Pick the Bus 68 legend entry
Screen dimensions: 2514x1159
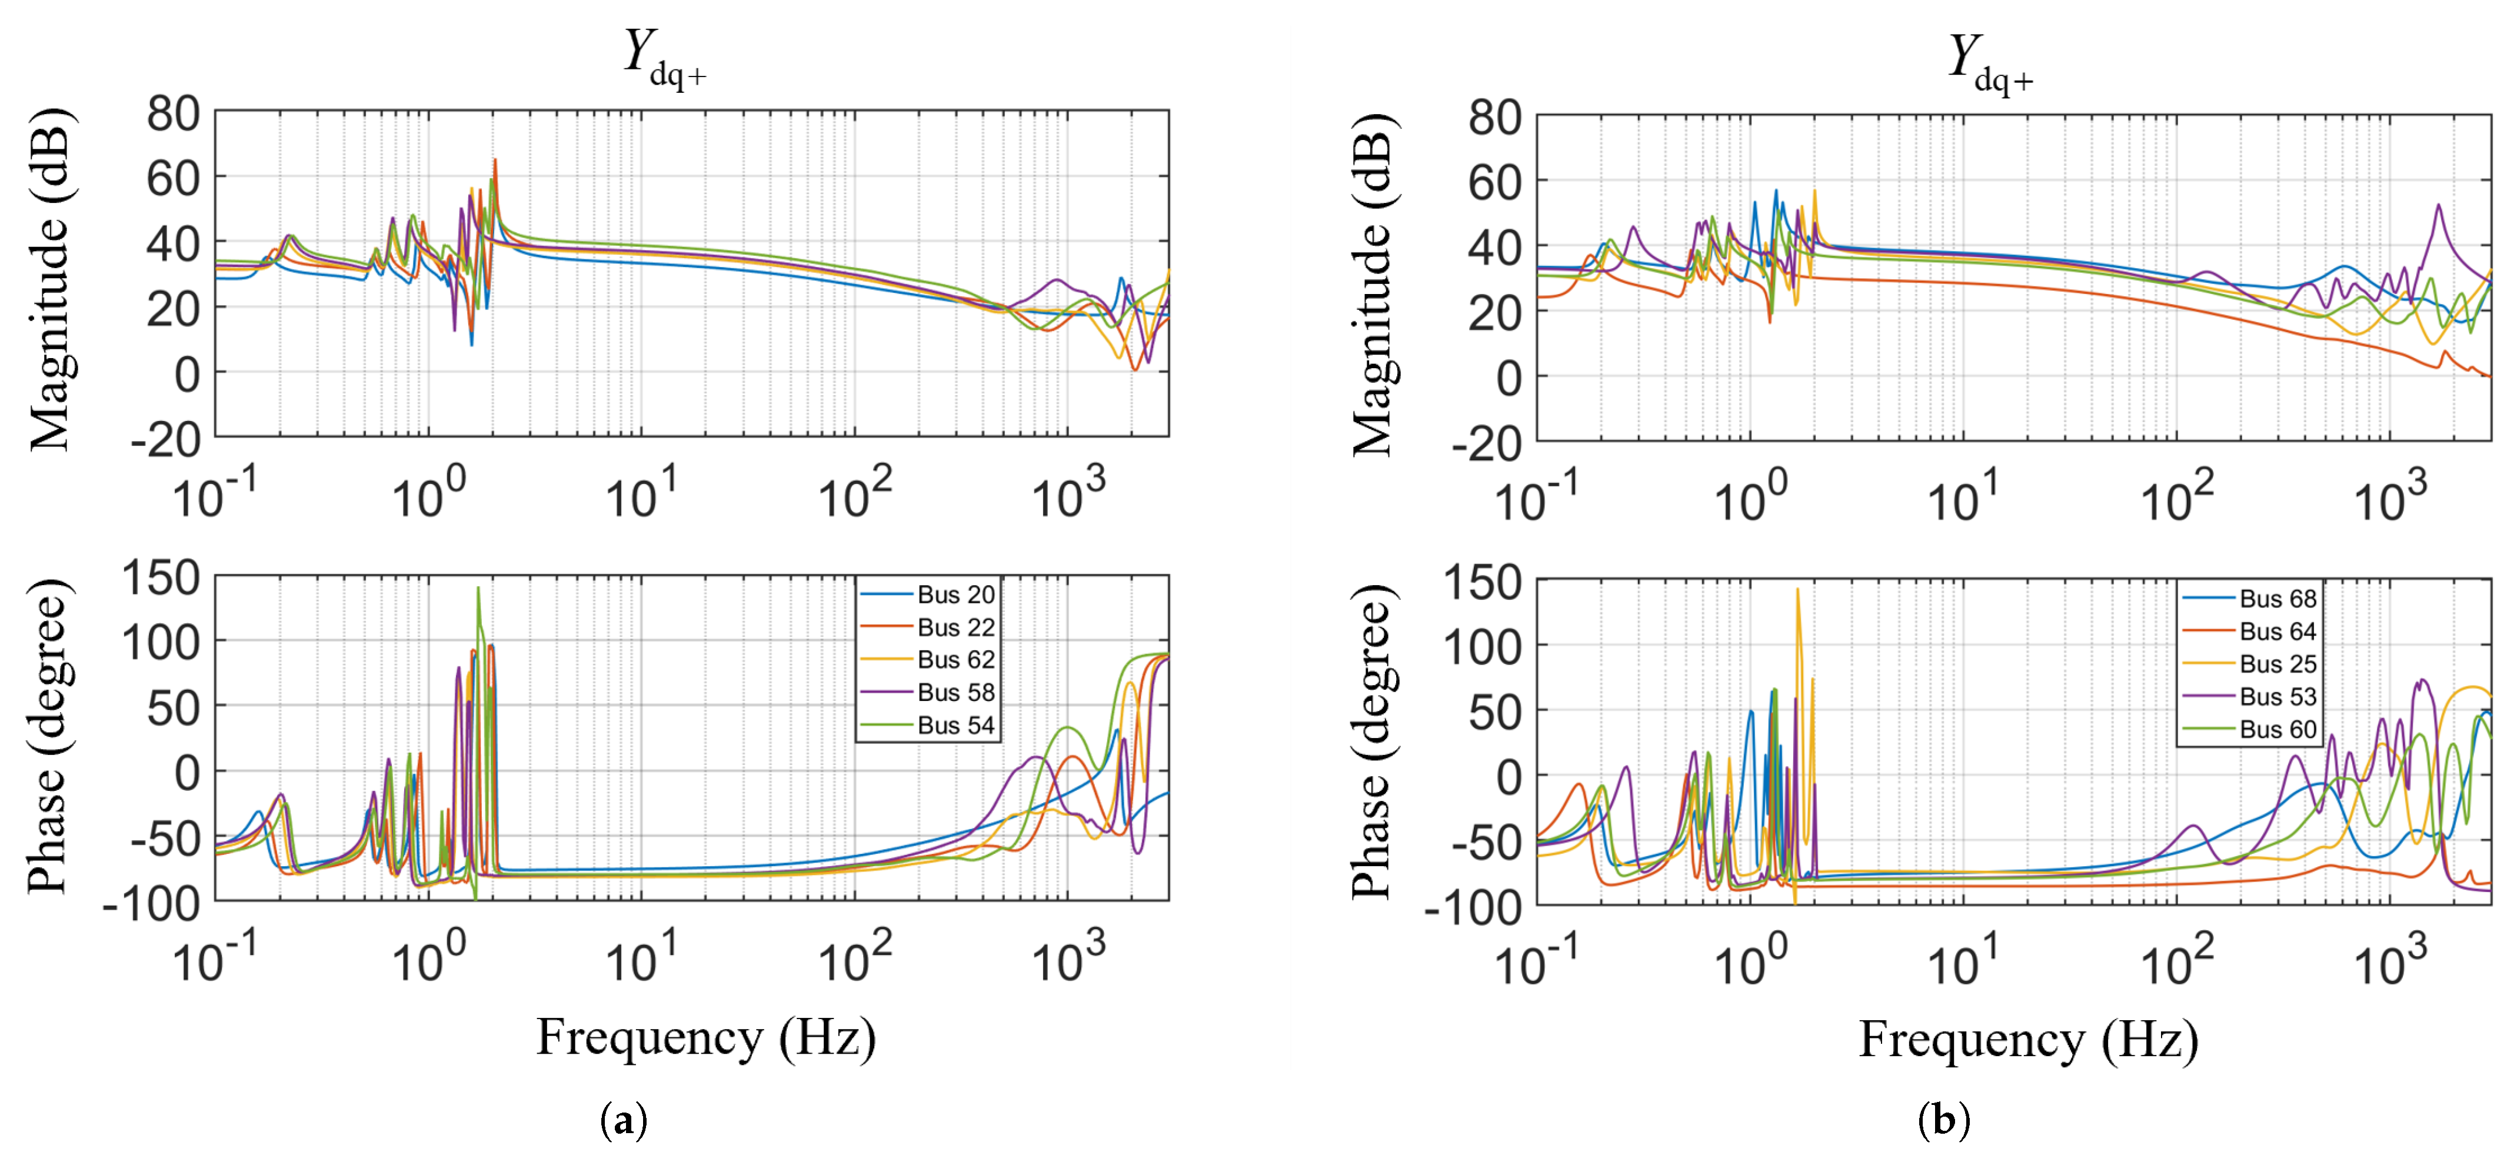click(x=2249, y=598)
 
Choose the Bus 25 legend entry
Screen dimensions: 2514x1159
click(x=2249, y=663)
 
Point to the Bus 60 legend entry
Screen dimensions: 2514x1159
click(x=2249, y=729)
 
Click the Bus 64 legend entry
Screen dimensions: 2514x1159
click(x=2249, y=631)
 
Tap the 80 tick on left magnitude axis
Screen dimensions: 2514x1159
click(x=174, y=114)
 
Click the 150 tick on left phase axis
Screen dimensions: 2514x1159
click(x=161, y=577)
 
